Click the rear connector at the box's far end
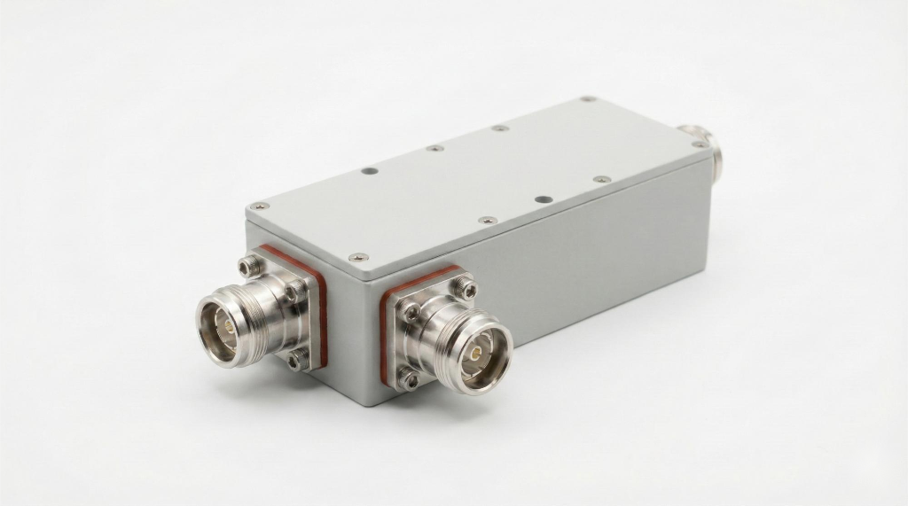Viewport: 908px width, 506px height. [x=705, y=146]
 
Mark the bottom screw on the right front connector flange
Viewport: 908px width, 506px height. [x=409, y=379]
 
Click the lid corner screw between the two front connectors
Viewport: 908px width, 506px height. [x=358, y=257]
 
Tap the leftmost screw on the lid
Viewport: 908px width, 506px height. [x=261, y=206]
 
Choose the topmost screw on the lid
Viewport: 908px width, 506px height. [x=587, y=99]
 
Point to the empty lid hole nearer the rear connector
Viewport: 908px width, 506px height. [x=544, y=199]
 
